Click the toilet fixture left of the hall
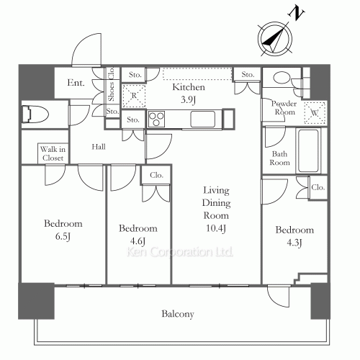[35, 114]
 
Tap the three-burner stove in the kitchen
[156, 119]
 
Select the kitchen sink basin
[203, 119]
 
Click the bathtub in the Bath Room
[308, 150]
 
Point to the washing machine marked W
[315, 113]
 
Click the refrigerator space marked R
[134, 96]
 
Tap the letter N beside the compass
[297, 13]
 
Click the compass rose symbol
[275, 39]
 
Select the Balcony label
[178, 314]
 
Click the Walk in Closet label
[53, 153]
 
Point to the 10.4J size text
[216, 228]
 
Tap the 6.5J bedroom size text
[63, 237]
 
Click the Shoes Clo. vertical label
[112, 84]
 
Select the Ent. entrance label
[76, 83]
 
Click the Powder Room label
[284, 108]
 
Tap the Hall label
[99, 147]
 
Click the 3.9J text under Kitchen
[189, 99]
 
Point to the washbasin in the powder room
[282, 78]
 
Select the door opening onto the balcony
[279, 297]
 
